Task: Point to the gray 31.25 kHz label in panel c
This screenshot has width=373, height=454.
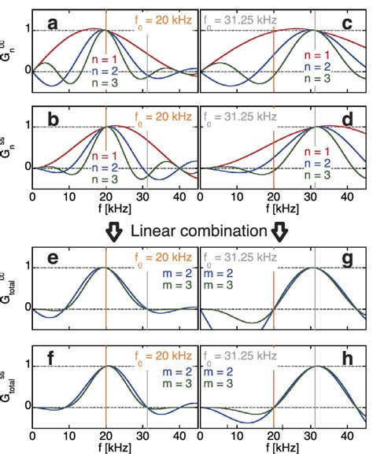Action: coord(242,21)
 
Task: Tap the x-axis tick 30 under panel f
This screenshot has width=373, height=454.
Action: coord(144,434)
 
